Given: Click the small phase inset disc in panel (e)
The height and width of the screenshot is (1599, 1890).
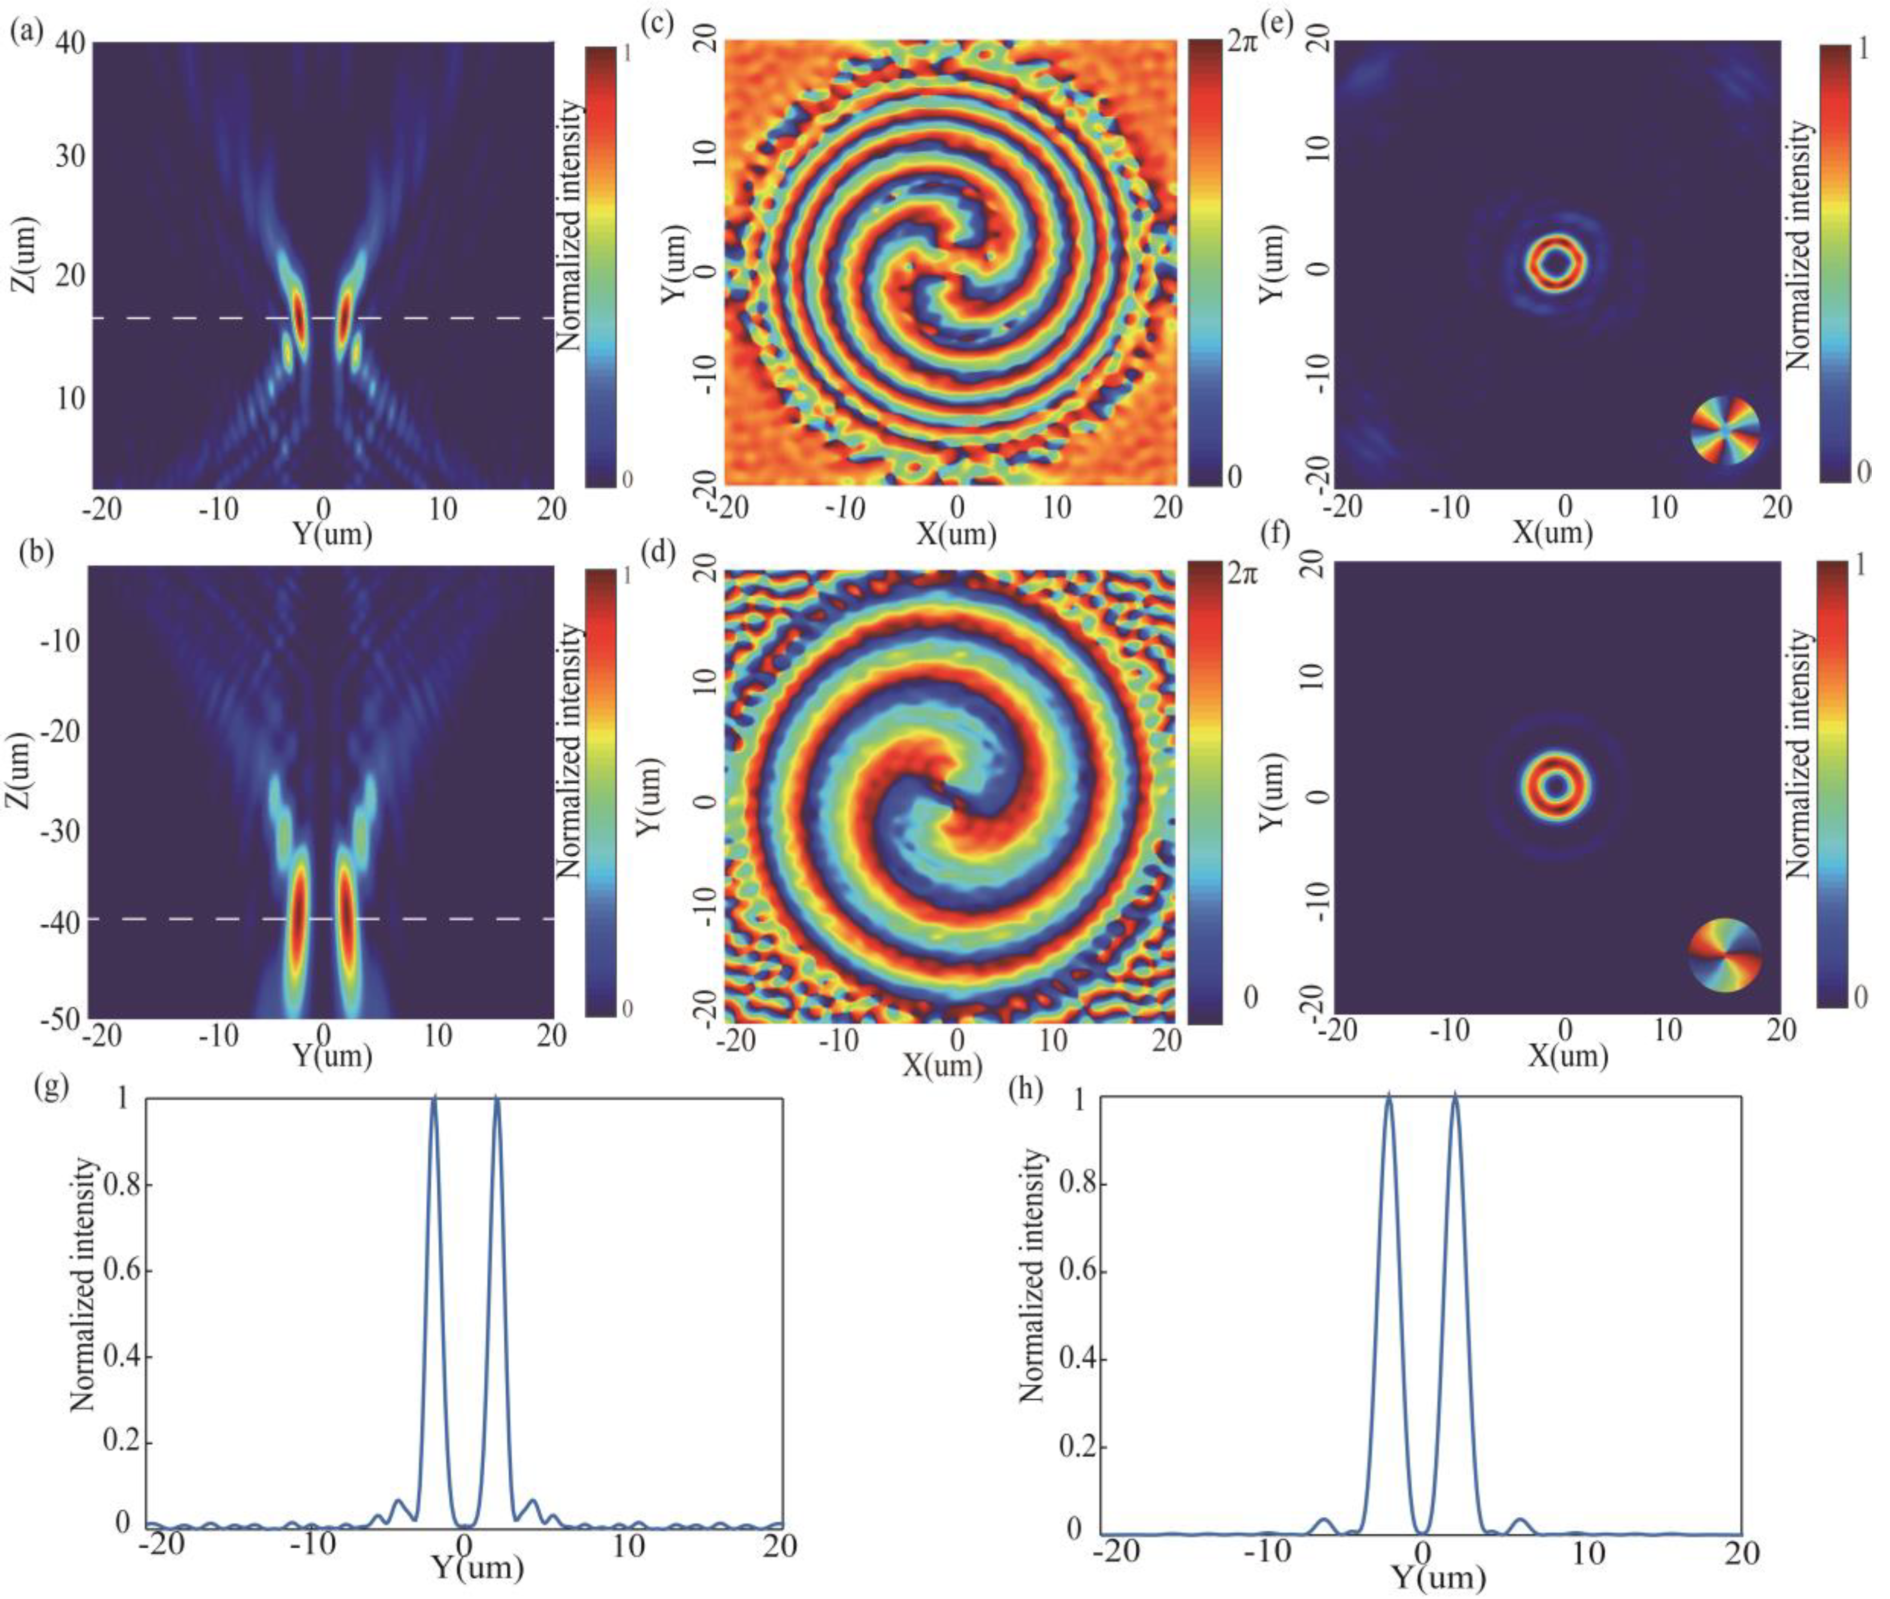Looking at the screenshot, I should pos(1725,430).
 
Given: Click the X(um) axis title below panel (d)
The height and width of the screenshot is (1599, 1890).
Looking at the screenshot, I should pos(943,1066).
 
